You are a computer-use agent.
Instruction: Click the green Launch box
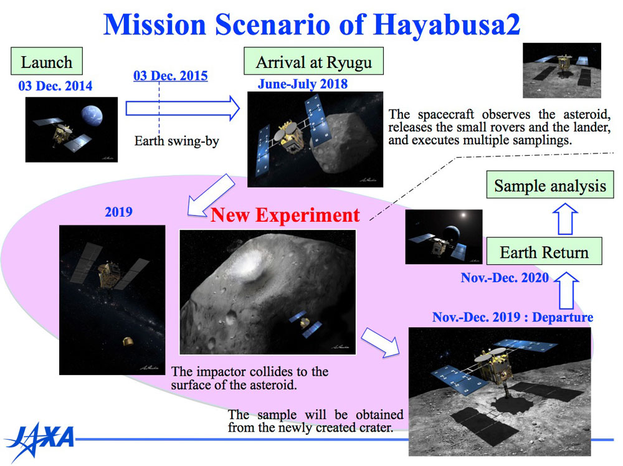pos(47,61)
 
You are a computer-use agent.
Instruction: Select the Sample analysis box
pos(550,185)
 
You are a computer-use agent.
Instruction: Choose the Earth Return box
pos(544,251)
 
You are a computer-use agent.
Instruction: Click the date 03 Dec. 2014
pos(55,86)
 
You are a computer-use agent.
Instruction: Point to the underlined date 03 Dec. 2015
pos(171,75)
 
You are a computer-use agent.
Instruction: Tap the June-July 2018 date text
pos(303,84)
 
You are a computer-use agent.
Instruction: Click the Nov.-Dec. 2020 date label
pos(505,277)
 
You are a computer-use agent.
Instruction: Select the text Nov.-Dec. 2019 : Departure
pos(513,317)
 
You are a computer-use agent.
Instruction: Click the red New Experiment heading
pos(285,215)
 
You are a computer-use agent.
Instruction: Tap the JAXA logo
pos(40,440)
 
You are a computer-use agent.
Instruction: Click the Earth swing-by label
pos(176,141)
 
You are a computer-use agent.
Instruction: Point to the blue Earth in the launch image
pos(92,115)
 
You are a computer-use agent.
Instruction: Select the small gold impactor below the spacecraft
pos(128,341)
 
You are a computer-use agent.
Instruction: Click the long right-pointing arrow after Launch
pos(183,108)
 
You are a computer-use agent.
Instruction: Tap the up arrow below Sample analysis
pos(566,219)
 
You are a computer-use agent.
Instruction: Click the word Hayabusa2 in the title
pos(447,25)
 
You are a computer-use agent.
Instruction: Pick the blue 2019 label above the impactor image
pos(118,212)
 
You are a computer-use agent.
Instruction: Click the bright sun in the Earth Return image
pos(464,216)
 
